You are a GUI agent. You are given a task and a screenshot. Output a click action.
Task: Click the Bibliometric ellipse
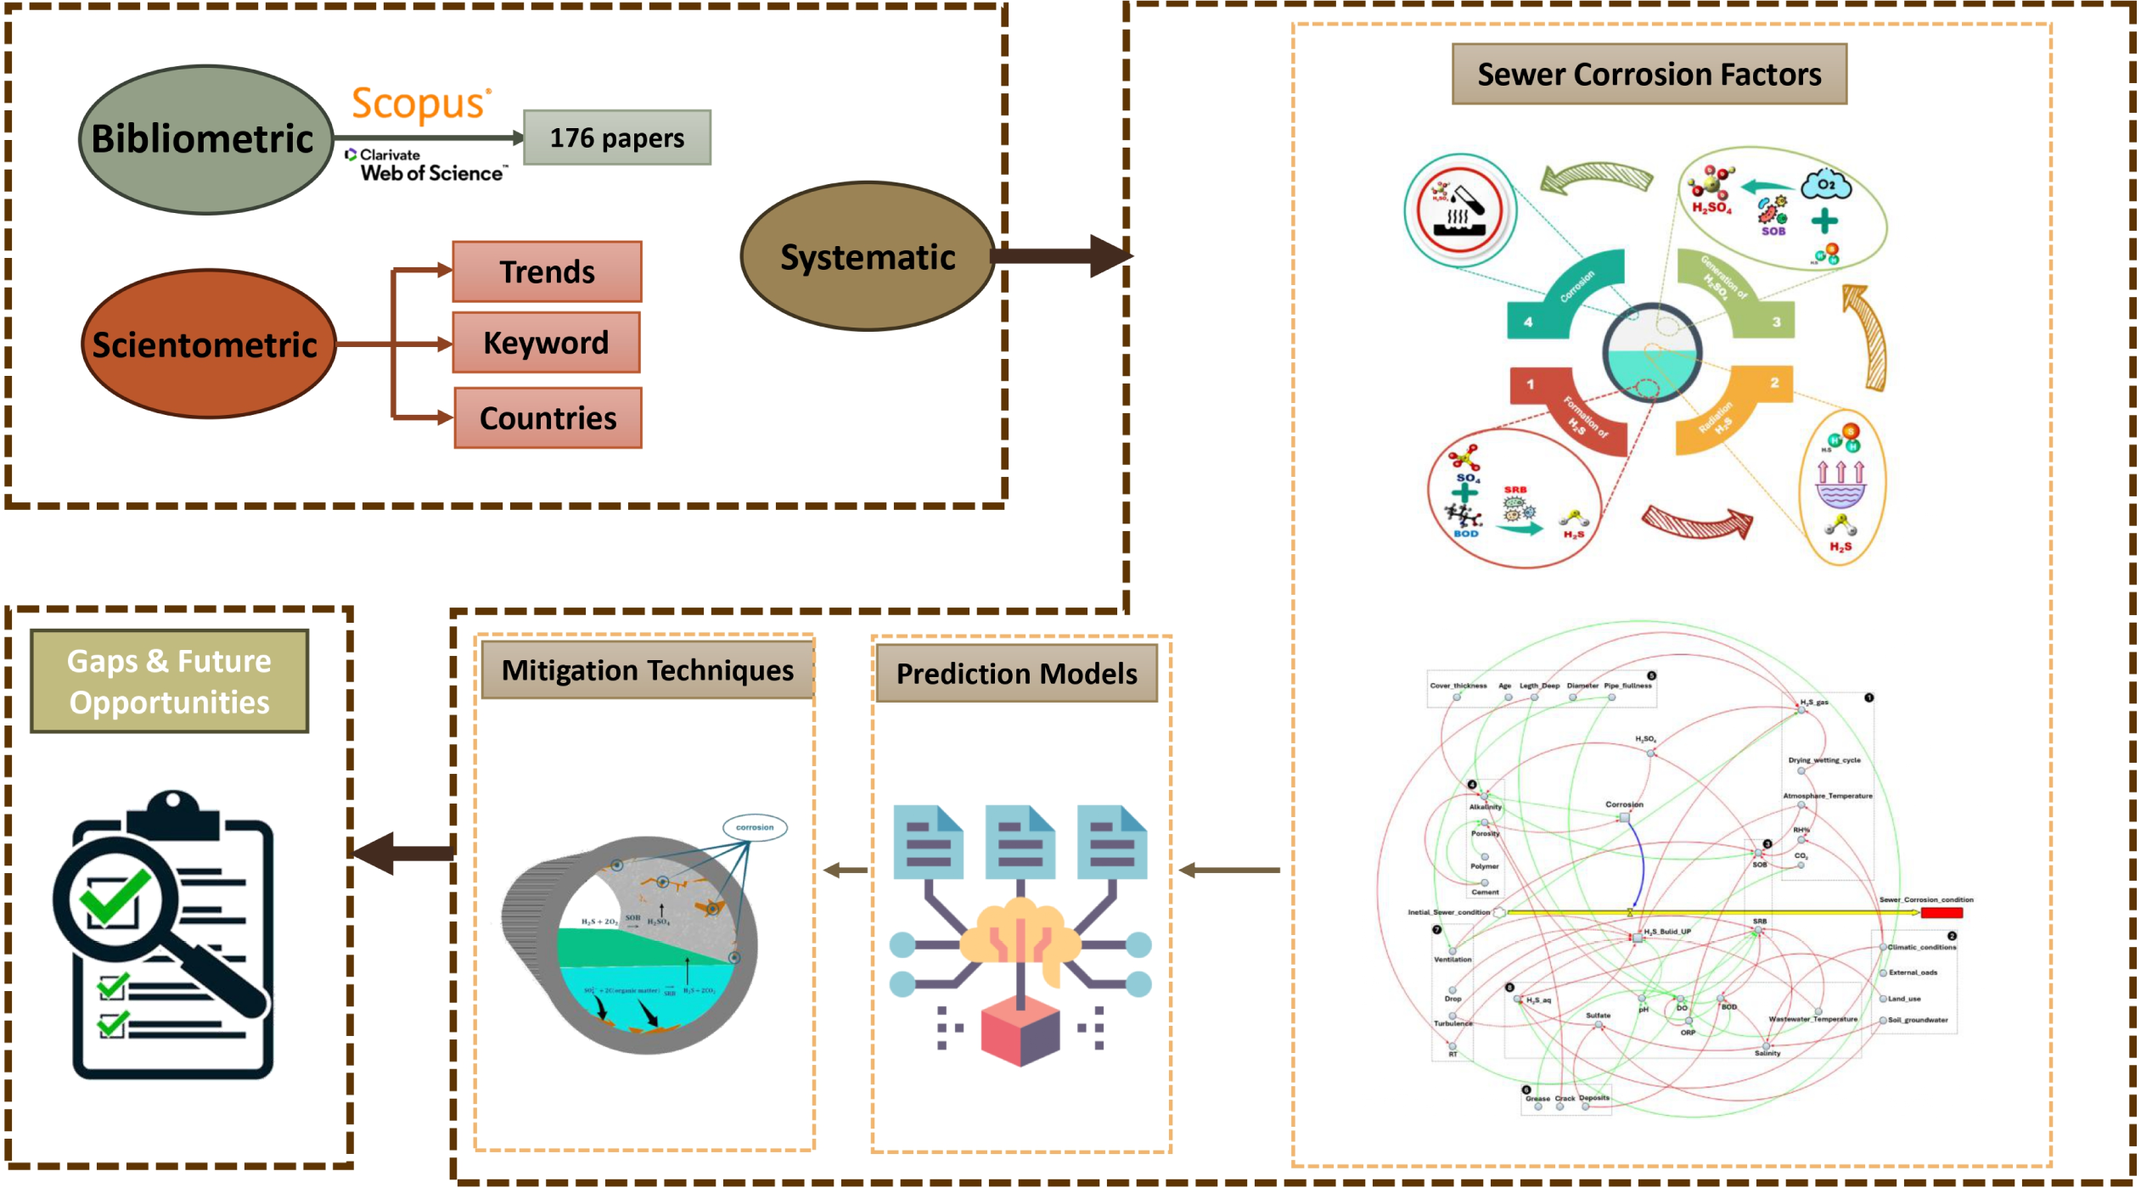pos(205,139)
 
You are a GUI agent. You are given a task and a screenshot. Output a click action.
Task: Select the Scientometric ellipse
pos(207,344)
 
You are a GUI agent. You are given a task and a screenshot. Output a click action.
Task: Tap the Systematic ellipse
pos(867,256)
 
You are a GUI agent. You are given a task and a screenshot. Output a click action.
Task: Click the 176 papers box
pos(616,137)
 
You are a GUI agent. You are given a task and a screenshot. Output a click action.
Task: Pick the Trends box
pos(547,272)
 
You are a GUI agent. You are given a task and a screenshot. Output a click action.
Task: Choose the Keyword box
pos(546,343)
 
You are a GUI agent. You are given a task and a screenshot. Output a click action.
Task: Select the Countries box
pos(548,417)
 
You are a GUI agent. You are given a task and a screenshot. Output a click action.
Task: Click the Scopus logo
pos(420,104)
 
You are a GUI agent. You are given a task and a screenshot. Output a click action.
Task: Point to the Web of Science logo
pos(426,166)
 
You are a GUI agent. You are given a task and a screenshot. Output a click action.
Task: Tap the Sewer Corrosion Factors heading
pos(1649,75)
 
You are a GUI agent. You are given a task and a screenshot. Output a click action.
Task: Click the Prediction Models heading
pos(1016,674)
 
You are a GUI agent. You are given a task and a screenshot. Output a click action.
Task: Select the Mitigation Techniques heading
pos(647,670)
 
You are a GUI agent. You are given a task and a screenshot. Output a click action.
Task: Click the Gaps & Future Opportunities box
pos(169,681)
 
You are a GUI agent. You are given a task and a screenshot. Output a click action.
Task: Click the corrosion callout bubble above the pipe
pos(754,827)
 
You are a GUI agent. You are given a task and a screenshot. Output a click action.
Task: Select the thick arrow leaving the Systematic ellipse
pos(1061,255)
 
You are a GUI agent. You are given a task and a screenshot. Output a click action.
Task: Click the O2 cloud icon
pos(1825,184)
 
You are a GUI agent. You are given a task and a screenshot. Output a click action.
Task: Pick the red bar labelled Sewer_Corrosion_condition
pos(1942,913)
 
